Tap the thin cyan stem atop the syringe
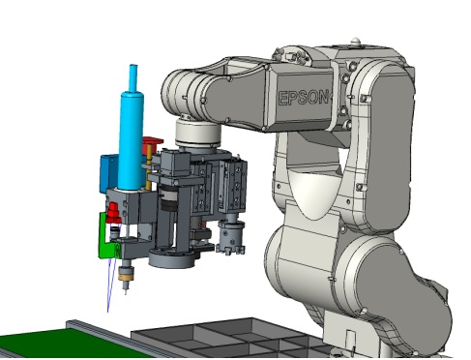133,78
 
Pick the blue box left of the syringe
108,172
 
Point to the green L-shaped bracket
107,237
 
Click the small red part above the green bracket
113,213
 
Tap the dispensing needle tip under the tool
126,292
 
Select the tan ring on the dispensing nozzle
126,276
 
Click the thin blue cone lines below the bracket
111,284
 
